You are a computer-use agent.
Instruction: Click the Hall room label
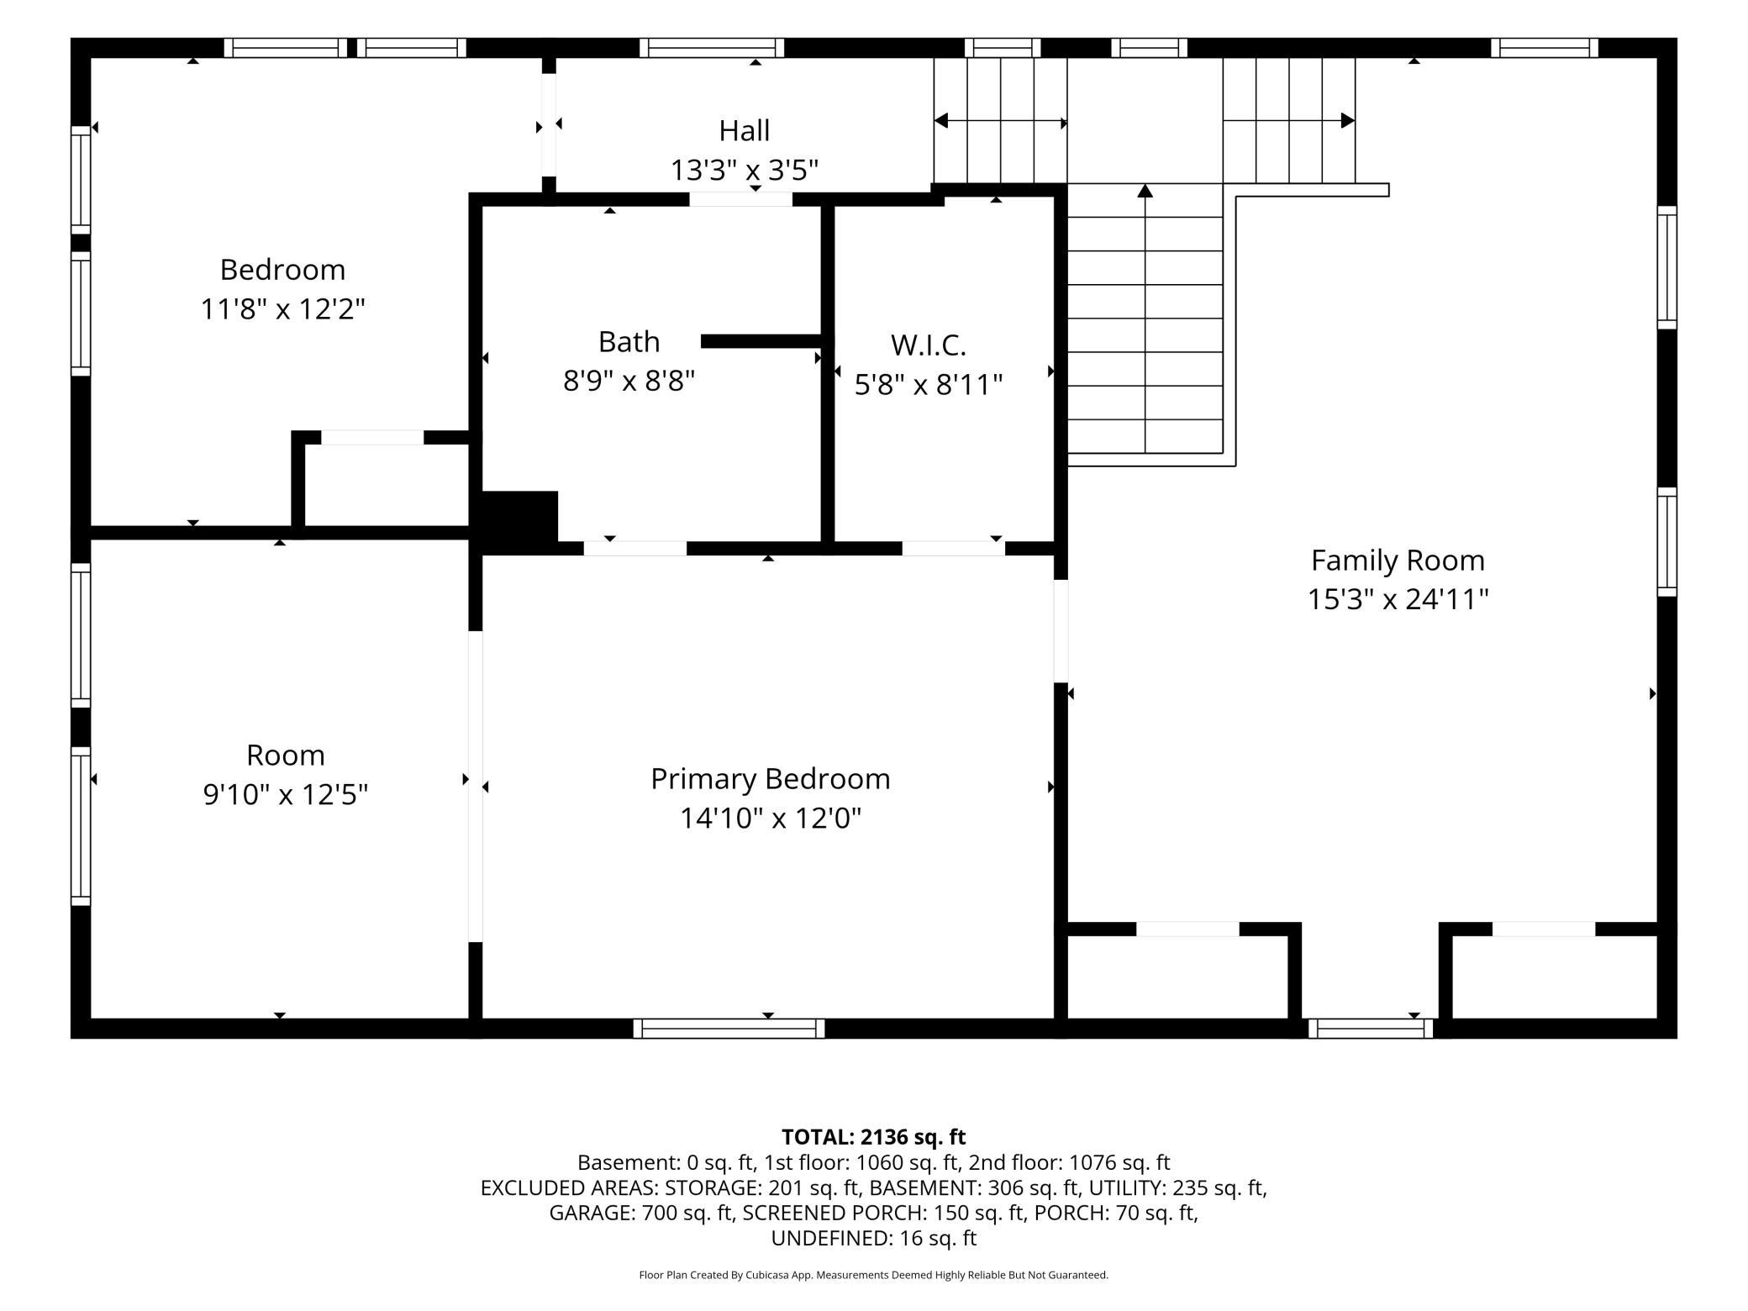[744, 130]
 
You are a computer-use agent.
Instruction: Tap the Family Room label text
[1398, 560]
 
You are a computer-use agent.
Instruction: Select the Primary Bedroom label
[770, 779]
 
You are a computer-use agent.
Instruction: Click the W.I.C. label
[928, 345]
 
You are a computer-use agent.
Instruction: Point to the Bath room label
[629, 341]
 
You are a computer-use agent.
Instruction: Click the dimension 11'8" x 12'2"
[282, 309]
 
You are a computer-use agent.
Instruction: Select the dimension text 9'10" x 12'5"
[286, 794]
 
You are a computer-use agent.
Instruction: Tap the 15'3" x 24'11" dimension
[1398, 599]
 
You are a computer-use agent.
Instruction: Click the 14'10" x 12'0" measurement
[771, 818]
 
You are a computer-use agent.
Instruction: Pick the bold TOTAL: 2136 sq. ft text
[873, 1137]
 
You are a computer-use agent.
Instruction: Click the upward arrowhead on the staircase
[1145, 191]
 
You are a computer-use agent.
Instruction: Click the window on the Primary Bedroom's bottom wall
[729, 1028]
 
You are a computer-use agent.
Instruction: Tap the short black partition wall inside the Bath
[761, 341]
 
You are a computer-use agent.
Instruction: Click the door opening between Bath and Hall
[740, 199]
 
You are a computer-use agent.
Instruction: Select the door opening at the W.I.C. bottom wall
[953, 549]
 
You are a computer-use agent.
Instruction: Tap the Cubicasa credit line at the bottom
[873, 1275]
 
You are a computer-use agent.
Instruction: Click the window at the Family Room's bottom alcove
[1370, 1028]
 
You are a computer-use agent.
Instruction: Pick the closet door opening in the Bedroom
[372, 437]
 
